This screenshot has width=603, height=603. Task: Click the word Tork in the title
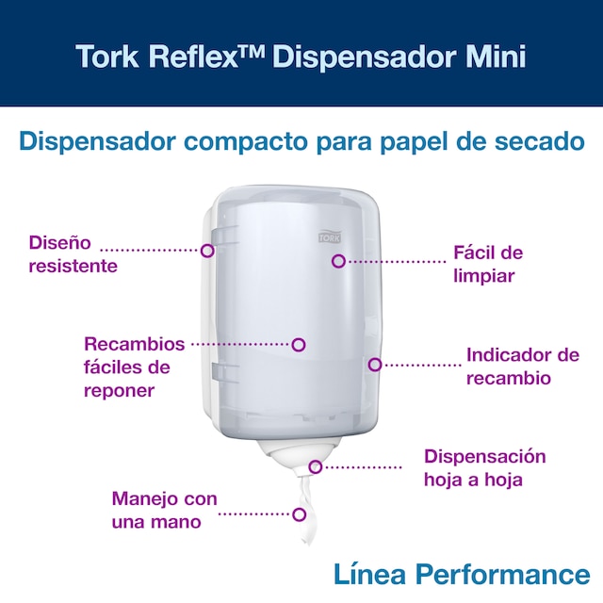[x=107, y=57]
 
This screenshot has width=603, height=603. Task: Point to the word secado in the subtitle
[x=539, y=141]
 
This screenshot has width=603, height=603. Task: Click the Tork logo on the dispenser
[x=330, y=236]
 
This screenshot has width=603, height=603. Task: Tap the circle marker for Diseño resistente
[x=207, y=251]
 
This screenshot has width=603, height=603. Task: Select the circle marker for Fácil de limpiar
[x=338, y=262]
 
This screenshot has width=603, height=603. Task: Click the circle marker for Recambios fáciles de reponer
[x=299, y=345]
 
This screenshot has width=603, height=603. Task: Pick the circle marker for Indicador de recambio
[x=375, y=365]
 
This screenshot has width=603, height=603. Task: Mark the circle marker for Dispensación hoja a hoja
[x=316, y=467]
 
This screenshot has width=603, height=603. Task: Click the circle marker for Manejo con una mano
[x=300, y=514]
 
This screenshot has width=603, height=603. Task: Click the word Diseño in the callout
[x=60, y=243]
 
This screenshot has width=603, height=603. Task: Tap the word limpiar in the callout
[x=483, y=276]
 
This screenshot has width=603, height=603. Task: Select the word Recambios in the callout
[x=134, y=344]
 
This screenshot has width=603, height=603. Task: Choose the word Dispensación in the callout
[x=485, y=458]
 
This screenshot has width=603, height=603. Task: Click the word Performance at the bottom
[x=503, y=575]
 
